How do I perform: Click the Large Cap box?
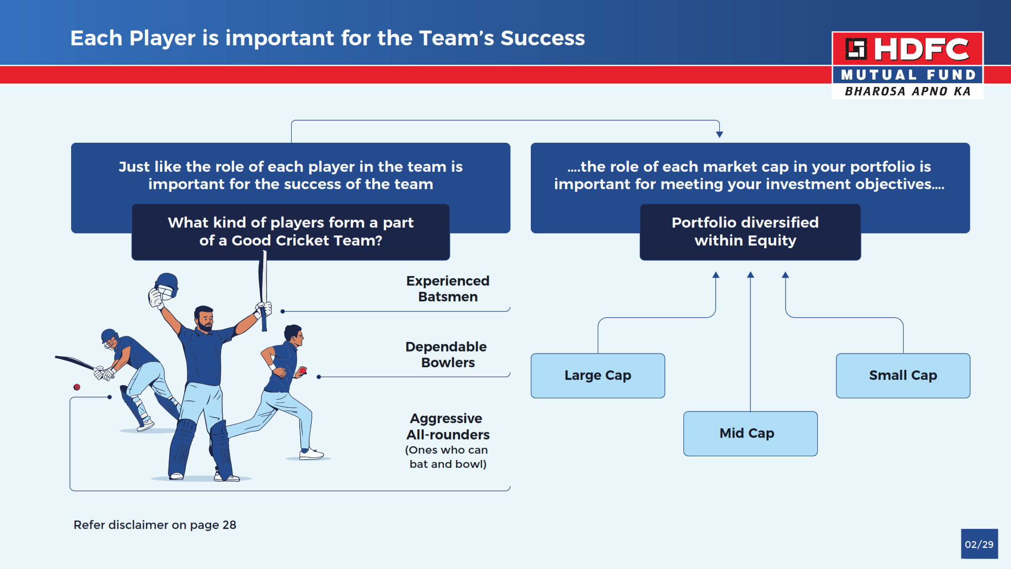tap(598, 376)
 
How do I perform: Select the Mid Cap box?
tap(750, 434)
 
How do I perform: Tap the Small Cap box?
tap(903, 376)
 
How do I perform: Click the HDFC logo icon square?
tap(856, 49)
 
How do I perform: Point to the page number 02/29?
tap(979, 544)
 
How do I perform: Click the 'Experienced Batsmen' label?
tap(448, 289)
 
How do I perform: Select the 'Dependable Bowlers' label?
tap(447, 355)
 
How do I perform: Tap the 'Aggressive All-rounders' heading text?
tap(448, 426)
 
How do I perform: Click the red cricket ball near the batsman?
tap(77, 387)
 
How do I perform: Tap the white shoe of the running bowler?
tap(311, 454)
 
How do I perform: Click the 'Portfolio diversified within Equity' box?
tap(750, 232)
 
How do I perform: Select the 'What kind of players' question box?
tap(291, 232)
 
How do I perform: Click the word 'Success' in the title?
tap(543, 38)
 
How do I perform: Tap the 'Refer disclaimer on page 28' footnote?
tap(155, 525)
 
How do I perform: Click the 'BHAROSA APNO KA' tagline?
tap(908, 91)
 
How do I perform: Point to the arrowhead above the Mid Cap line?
tap(750, 274)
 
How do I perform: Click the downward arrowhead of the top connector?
tap(719, 134)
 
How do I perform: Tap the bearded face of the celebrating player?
tap(204, 319)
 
